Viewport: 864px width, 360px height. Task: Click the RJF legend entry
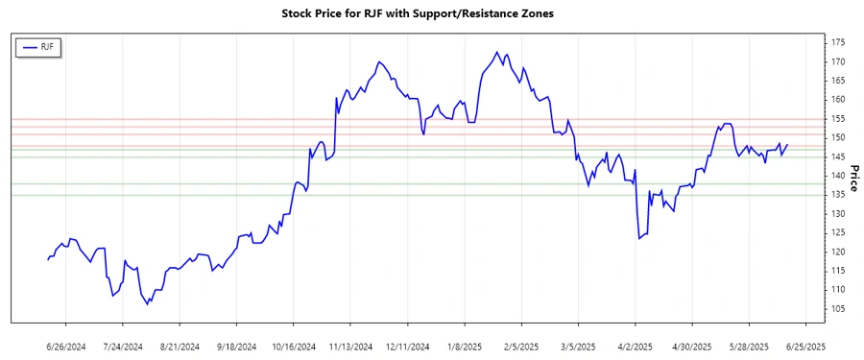tap(38, 47)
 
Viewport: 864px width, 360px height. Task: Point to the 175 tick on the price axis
tap(839, 42)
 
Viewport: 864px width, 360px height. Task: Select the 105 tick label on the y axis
tap(839, 308)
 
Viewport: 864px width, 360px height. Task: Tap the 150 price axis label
tap(839, 137)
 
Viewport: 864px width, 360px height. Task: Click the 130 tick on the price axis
tap(839, 213)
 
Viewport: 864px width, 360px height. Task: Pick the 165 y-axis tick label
tap(839, 81)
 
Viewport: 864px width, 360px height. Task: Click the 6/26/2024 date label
tap(66, 347)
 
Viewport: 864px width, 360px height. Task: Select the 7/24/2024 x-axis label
tap(123, 347)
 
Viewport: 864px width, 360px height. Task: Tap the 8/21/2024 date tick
tap(180, 347)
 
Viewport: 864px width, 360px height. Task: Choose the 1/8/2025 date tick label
tap(464, 347)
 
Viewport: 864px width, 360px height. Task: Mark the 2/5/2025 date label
tap(520, 347)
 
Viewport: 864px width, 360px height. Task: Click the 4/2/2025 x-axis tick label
tap(634, 347)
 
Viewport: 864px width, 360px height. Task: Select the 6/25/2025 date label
tap(804, 347)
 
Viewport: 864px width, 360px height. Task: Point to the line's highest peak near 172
tap(496, 53)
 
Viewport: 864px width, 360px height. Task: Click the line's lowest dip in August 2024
tap(148, 304)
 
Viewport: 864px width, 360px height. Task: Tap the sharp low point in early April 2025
tap(639, 239)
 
